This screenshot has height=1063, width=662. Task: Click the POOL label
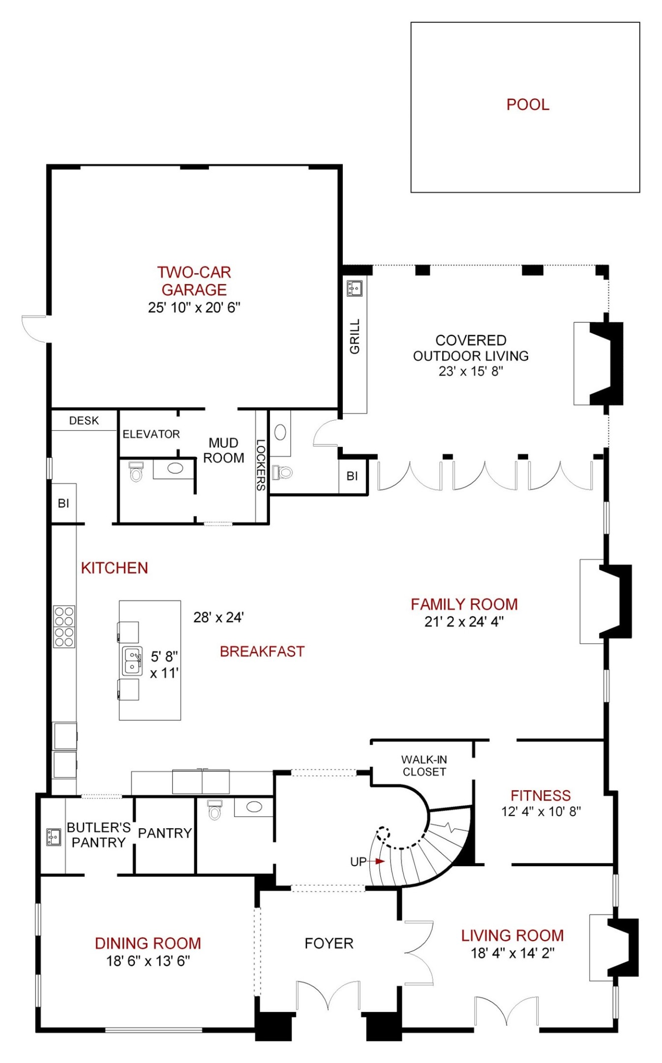[527, 104]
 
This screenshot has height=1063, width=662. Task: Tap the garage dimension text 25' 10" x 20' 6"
[194, 308]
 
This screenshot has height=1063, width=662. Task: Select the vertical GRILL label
[355, 336]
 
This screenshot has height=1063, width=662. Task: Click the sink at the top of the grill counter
[354, 288]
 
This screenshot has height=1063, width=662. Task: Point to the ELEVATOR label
[151, 434]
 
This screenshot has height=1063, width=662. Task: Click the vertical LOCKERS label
[261, 465]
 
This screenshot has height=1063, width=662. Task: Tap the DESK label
[84, 421]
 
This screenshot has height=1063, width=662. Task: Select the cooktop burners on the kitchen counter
[64, 626]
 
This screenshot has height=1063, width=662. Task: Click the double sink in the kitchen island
[132, 661]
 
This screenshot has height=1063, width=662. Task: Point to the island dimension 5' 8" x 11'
[164, 664]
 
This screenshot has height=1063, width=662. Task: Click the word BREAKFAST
[262, 652]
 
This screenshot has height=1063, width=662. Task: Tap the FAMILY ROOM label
[464, 604]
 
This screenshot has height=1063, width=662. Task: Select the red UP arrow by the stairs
[379, 861]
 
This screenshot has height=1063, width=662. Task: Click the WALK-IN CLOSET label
[424, 766]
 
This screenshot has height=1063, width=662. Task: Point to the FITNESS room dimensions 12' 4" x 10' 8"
[541, 812]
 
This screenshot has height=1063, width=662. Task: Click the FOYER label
[329, 943]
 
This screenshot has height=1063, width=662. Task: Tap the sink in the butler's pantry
[53, 837]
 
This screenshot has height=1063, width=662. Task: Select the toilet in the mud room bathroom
[136, 472]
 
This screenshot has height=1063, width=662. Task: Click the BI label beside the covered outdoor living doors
[352, 476]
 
